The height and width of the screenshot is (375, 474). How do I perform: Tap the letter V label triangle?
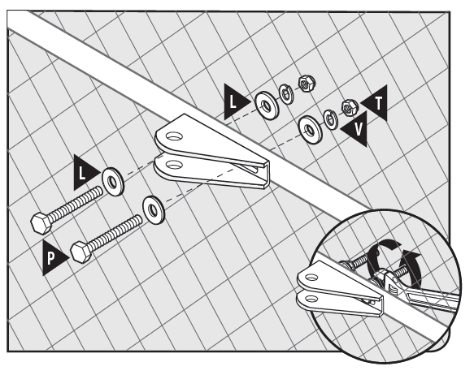tap(357, 129)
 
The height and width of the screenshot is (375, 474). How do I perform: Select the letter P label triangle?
tap(53, 257)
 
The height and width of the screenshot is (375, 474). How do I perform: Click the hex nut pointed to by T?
tap(350, 107)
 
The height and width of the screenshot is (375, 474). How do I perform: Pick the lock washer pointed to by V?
tap(331, 119)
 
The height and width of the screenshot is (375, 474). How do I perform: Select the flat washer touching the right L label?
tap(267, 106)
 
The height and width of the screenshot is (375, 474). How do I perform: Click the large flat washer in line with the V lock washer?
tap(310, 130)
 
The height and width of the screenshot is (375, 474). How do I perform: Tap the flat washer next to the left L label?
tap(113, 182)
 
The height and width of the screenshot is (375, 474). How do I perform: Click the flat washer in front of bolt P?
tap(154, 210)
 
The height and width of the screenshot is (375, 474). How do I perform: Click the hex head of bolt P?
tap(81, 252)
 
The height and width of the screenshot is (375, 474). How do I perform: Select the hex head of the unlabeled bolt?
tap(42, 223)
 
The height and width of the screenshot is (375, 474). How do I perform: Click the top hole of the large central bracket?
tap(174, 136)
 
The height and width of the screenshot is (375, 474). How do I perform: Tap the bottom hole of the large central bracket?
tap(174, 165)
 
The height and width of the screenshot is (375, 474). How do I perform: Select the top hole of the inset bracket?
tap(311, 277)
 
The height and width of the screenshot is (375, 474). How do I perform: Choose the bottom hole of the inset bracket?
tap(311, 299)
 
